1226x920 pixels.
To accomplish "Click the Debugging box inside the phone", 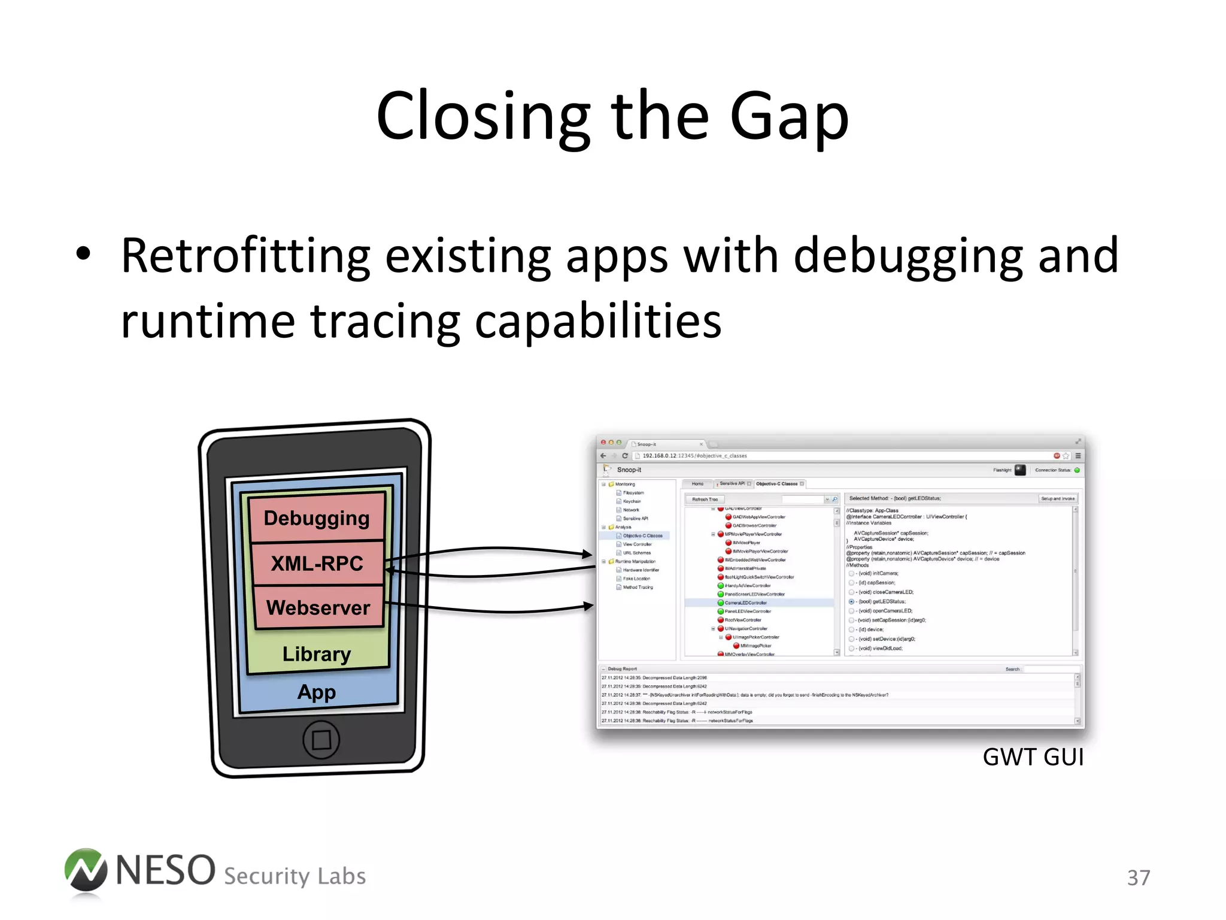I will coord(317,517).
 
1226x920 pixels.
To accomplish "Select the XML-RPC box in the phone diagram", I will coord(317,563).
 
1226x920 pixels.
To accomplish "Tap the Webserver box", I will coord(318,607).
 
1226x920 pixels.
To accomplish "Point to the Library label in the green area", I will coord(317,653).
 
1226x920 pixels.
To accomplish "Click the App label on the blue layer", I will coord(317,692).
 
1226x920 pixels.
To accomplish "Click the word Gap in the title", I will coord(789,117).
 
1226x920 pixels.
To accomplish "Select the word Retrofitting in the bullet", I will coord(245,256).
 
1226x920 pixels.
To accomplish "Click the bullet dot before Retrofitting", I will coord(83,254).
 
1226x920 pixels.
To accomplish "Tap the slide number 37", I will coord(1138,877).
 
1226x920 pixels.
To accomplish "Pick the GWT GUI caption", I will coord(1033,757).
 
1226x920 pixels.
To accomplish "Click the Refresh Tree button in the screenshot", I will coord(705,499).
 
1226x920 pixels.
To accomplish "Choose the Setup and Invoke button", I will coord(1058,498).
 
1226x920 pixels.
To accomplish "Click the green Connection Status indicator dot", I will coord(1077,470).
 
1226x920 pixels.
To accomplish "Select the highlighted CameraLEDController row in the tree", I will coord(746,603).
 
